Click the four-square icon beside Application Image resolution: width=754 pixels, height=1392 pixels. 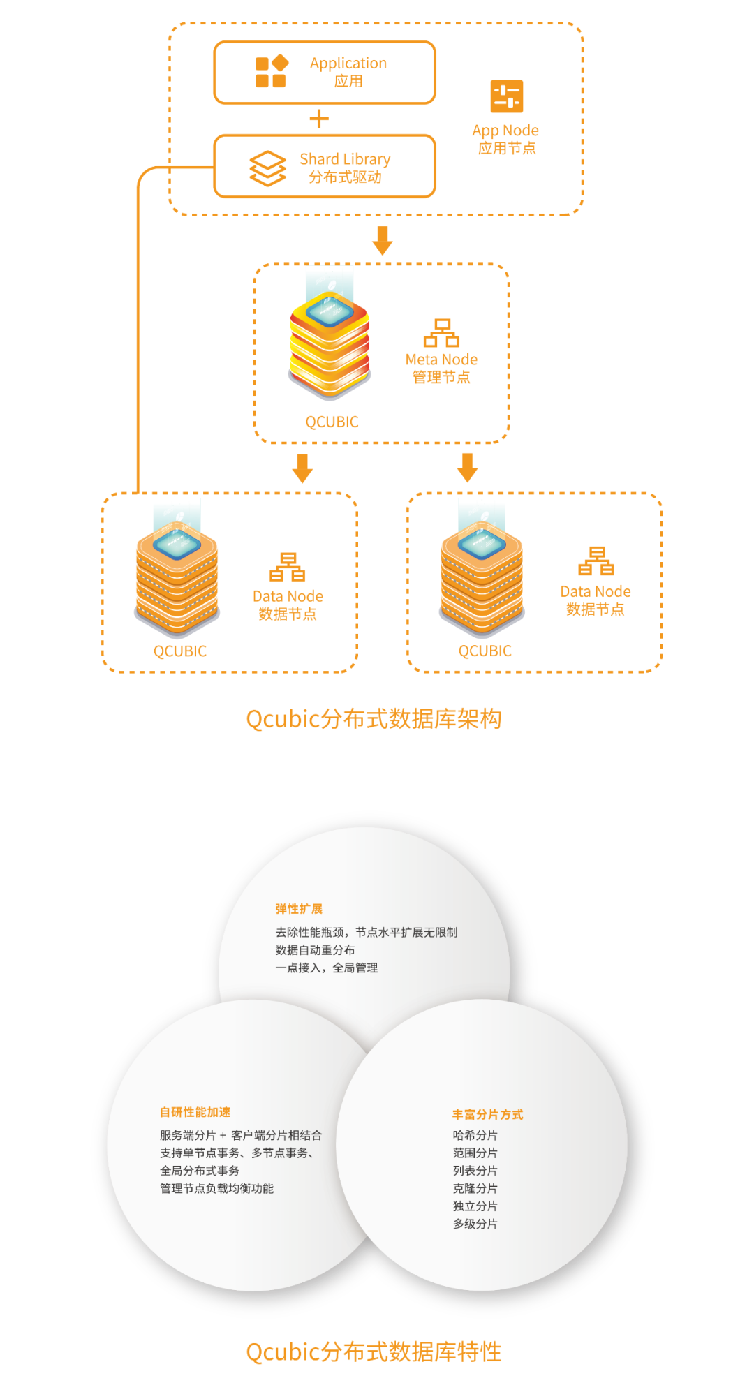click(272, 72)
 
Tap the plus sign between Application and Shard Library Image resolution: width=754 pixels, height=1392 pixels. click(318, 119)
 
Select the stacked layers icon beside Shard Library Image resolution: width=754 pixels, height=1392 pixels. click(267, 168)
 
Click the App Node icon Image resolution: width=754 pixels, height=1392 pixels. click(507, 96)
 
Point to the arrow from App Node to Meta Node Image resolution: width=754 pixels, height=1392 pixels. click(382, 240)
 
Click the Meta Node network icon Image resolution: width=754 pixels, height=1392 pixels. click(441, 332)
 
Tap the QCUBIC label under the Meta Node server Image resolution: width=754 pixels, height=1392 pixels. click(332, 422)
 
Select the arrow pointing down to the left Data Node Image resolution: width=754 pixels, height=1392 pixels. click(302, 468)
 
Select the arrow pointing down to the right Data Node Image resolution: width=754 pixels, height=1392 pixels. click(467, 467)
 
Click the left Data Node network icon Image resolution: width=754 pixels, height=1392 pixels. click(288, 567)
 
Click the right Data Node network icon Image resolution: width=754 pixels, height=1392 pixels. click(596, 561)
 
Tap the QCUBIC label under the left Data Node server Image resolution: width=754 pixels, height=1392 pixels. click(180, 651)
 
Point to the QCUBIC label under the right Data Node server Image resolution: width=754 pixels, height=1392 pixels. click(485, 651)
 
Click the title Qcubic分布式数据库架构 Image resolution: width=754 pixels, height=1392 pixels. click(374, 719)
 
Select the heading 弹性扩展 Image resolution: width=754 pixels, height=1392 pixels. click(299, 909)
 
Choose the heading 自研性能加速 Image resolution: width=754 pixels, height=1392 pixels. click(195, 1112)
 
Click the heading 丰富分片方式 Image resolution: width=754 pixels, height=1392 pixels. click(487, 1115)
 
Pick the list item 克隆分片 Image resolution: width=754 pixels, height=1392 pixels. click(475, 1188)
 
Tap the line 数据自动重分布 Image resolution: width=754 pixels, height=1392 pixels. click(315, 950)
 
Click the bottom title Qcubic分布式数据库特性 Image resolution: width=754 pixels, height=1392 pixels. click(374, 1352)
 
